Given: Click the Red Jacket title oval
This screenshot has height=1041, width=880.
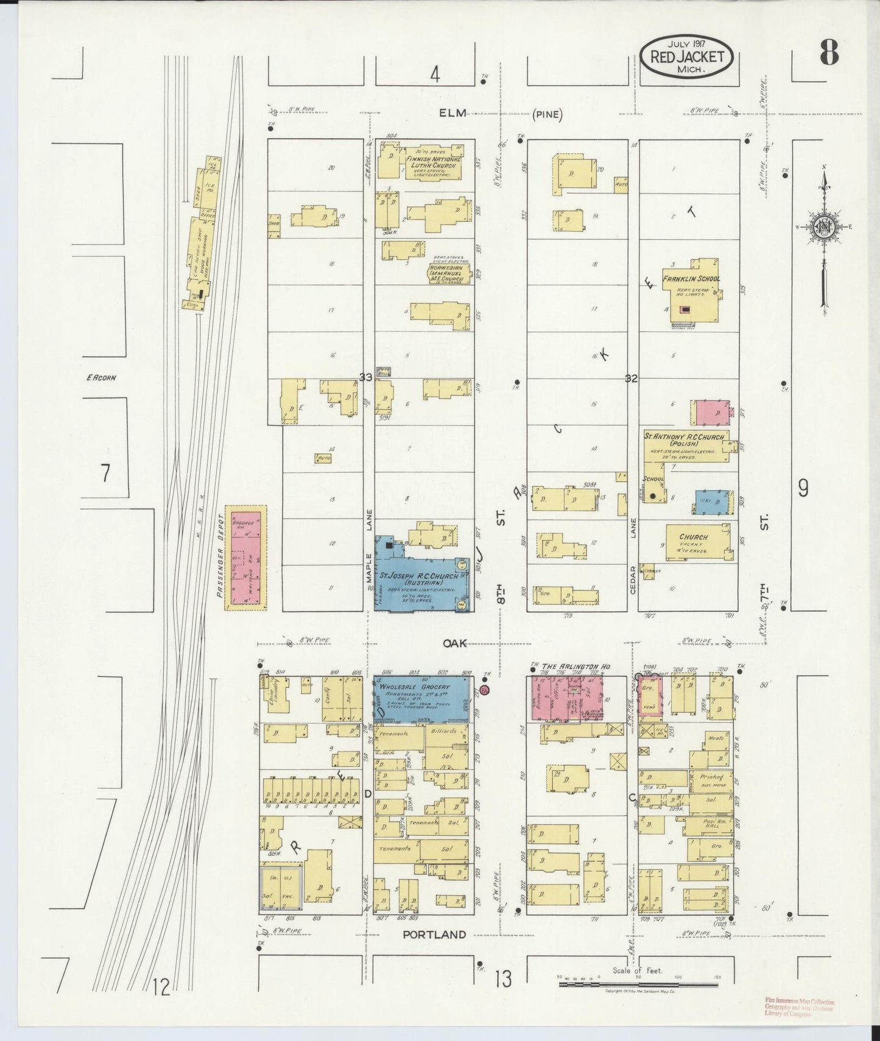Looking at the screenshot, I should [686, 57].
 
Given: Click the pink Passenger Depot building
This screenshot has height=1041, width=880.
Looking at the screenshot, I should [247, 556].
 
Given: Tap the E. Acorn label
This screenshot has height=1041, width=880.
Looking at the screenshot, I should [100, 377].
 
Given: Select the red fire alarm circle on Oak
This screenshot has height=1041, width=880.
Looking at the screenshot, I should [484, 690].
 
